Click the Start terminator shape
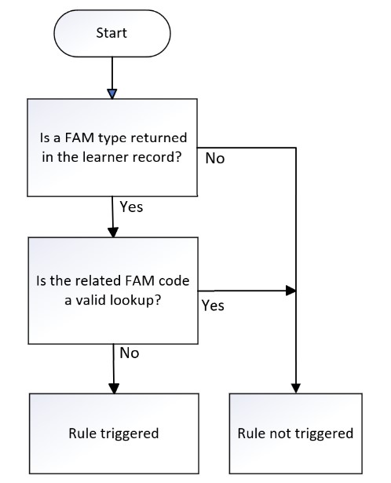tap(112, 33)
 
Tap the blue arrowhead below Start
tap(112, 93)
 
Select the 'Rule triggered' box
tap(114, 434)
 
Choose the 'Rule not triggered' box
tap(295, 434)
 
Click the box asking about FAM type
tap(112, 148)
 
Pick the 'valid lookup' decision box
tap(113, 291)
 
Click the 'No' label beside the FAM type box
tap(215, 159)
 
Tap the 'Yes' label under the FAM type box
tap(131, 207)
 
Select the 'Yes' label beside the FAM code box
tap(213, 306)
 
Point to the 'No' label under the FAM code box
tap(130, 353)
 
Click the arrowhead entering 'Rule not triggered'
tap(296, 389)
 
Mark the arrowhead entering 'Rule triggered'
tap(114, 389)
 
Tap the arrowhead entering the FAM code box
tap(113, 232)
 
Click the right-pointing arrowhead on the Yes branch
tap(291, 291)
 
